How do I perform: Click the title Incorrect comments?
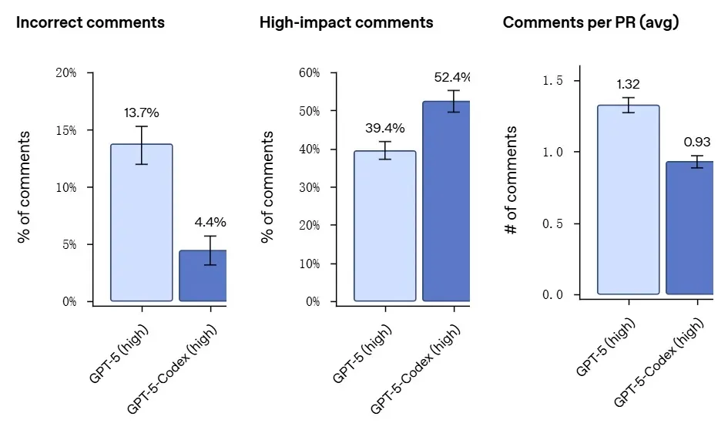point(90,22)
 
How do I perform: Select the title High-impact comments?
point(346,22)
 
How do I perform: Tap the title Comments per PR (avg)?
point(590,22)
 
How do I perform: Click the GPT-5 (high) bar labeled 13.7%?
point(142,223)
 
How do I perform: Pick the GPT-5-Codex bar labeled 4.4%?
point(203,275)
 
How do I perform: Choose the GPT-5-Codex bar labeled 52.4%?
point(447,201)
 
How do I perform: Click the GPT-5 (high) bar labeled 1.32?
point(628,200)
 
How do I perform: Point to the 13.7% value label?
point(142,113)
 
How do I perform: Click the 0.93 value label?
point(697,142)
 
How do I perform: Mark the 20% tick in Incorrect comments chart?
point(67,73)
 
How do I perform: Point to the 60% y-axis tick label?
point(309,73)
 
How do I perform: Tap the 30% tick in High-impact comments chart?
point(309,187)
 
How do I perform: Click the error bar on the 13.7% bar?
point(142,145)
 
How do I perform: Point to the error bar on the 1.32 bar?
point(629,105)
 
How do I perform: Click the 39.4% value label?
point(384,127)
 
